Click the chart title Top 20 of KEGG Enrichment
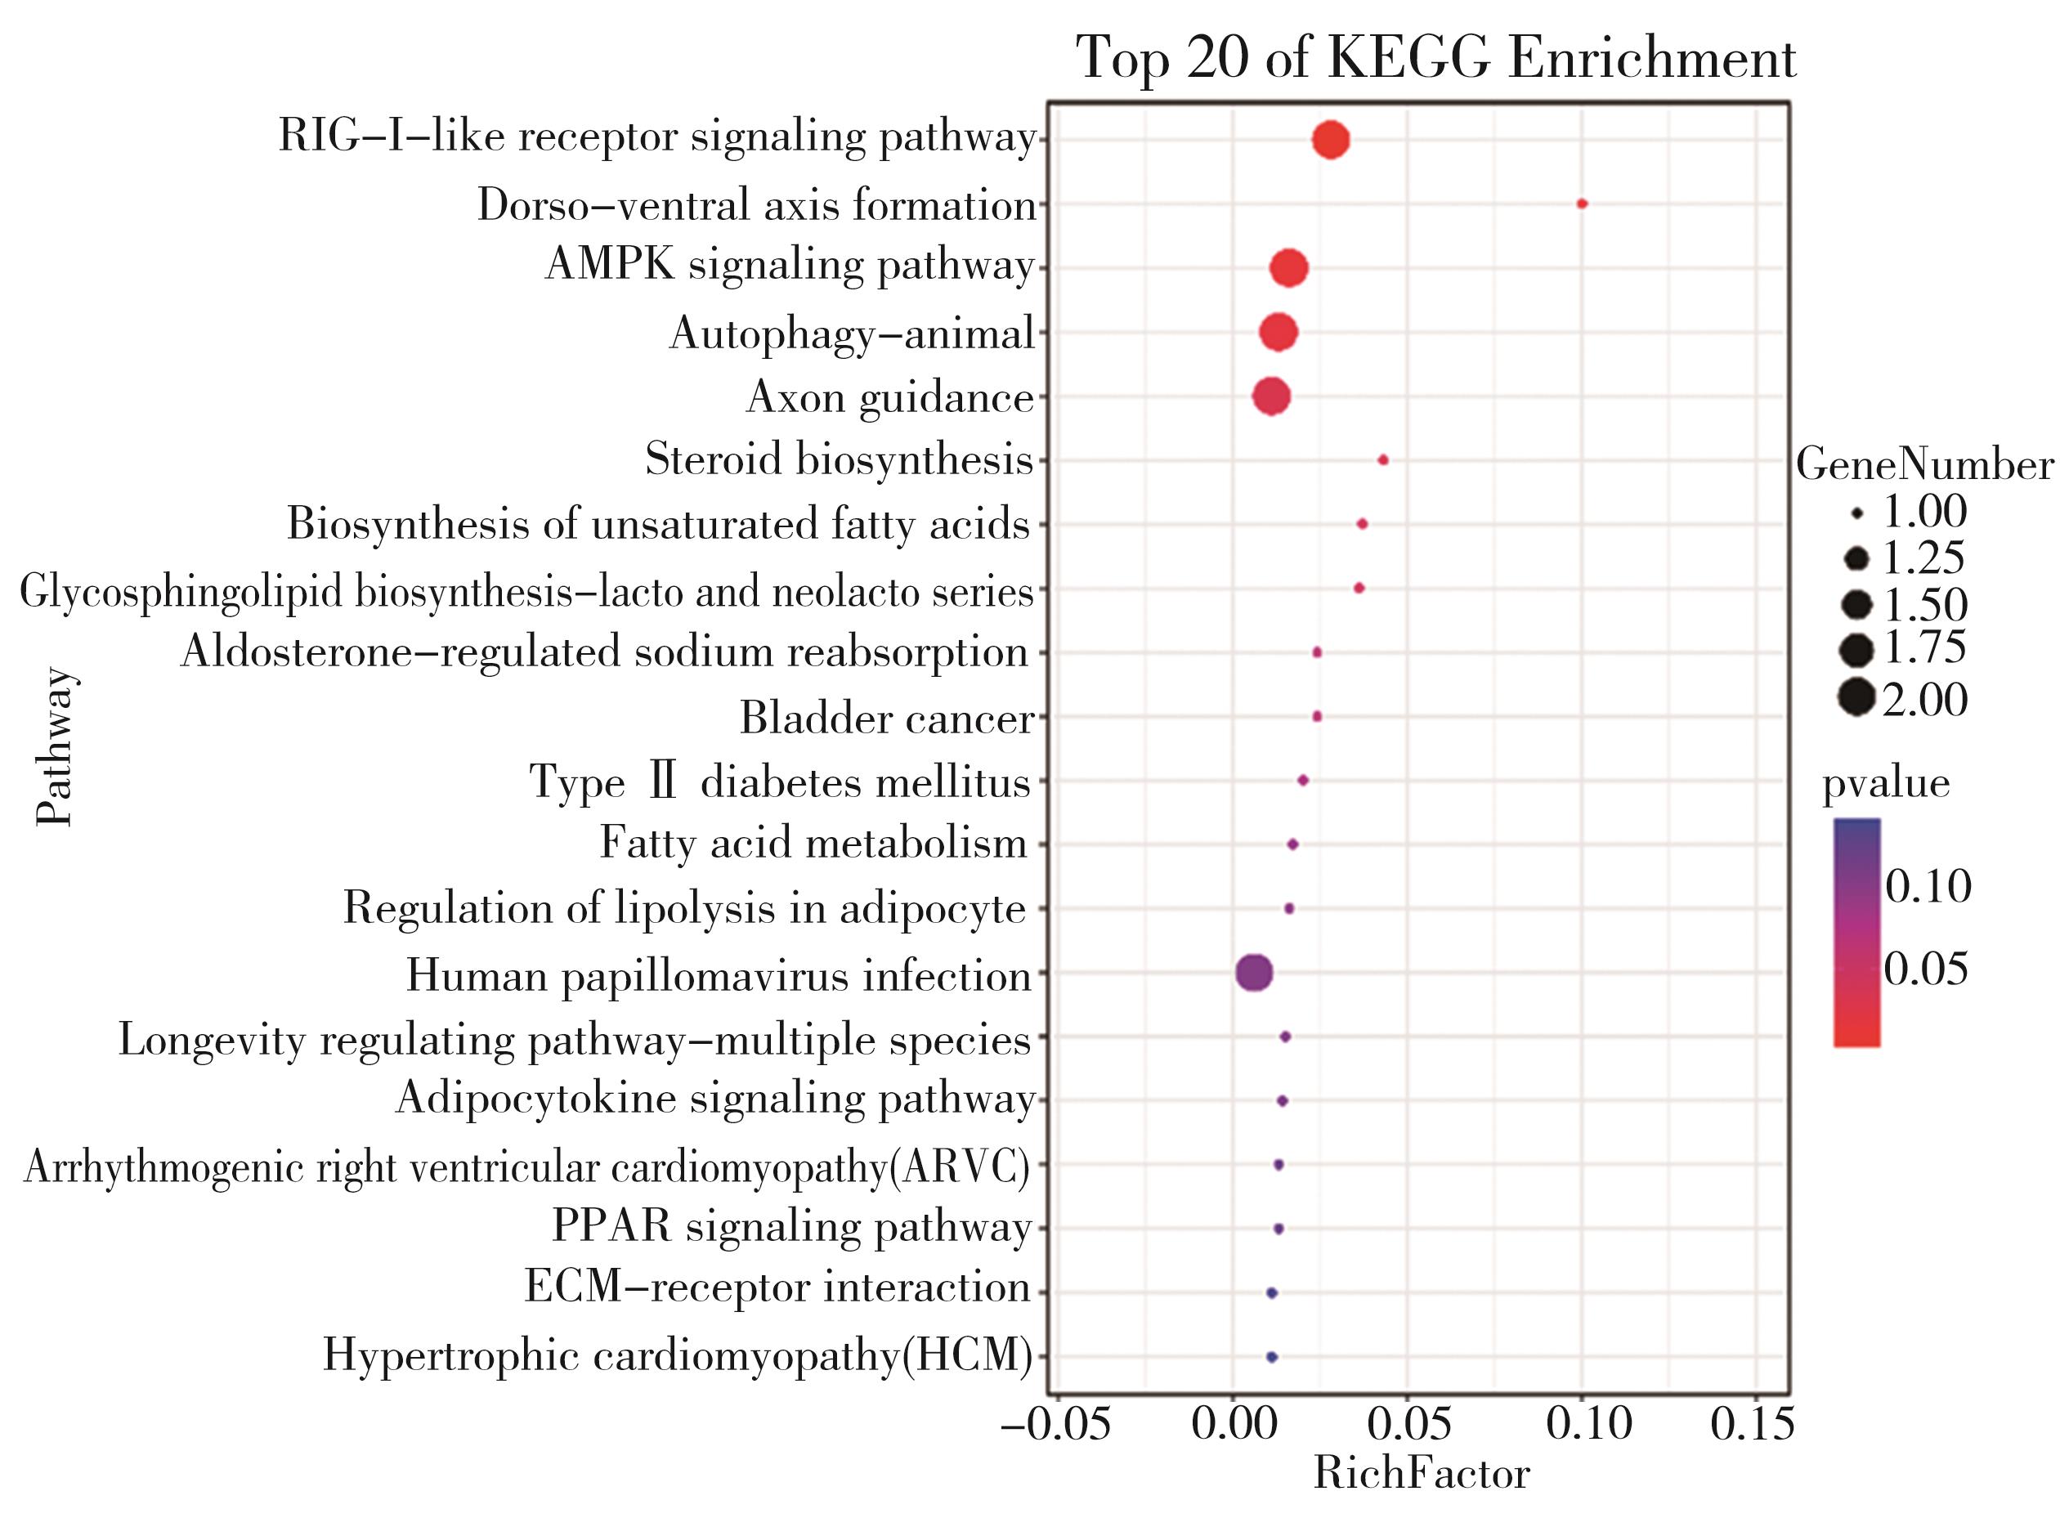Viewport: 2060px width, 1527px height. tap(1435, 59)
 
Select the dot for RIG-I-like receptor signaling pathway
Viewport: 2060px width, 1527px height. tap(1331, 141)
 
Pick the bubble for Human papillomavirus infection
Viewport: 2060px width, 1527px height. tap(1253, 973)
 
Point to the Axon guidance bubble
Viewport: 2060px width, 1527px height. tap(1271, 396)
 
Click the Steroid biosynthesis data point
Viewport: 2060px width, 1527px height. tap(1382, 460)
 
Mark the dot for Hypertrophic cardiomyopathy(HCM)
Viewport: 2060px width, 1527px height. tap(1271, 1357)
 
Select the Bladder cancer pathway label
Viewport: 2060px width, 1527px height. tap(885, 719)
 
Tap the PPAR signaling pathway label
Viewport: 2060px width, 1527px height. tap(791, 1228)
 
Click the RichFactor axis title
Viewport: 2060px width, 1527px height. tap(1422, 1473)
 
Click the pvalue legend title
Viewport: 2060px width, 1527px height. tap(1885, 784)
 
